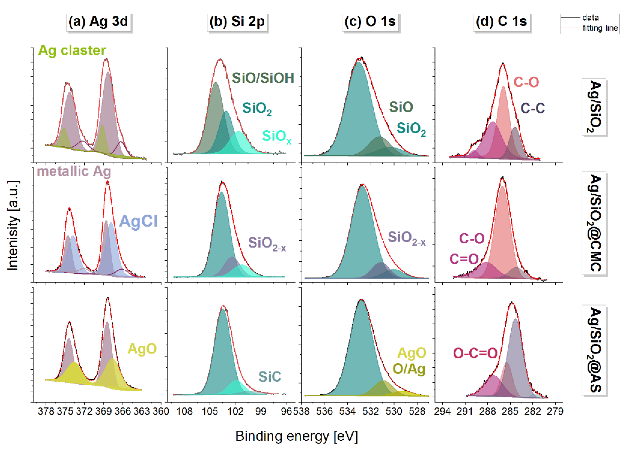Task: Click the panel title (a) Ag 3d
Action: (x=98, y=22)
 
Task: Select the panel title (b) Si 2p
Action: (x=237, y=22)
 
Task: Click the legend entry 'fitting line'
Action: (x=600, y=28)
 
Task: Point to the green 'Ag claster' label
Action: (x=72, y=51)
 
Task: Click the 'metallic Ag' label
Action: (x=74, y=171)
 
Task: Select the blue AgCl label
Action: (x=138, y=221)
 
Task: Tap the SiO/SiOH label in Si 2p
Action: (x=263, y=78)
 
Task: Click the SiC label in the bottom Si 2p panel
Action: (x=269, y=377)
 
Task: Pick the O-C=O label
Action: (x=475, y=353)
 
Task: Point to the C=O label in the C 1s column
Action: (x=464, y=259)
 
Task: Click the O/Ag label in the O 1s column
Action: (x=409, y=369)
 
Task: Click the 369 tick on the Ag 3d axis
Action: (x=104, y=411)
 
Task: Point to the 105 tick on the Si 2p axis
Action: (x=210, y=411)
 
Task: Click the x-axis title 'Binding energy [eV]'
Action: (x=296, y=436)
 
